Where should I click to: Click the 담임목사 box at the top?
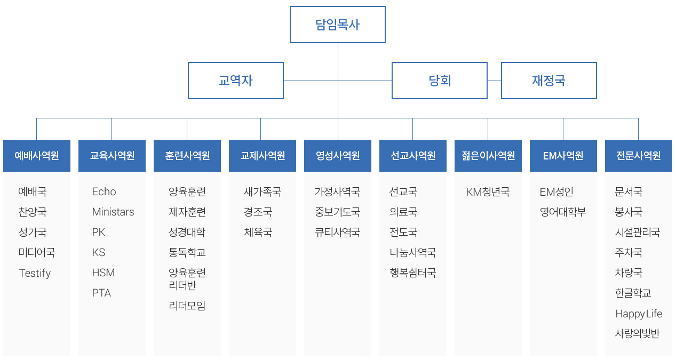pos(337,25)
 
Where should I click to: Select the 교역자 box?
pos(236,81)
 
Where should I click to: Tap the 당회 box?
pos(440,81)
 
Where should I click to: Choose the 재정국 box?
pos(548,81)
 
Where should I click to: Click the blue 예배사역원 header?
pos(37,156)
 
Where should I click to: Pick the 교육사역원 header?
pos(112,156)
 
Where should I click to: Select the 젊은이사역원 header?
pos(488,156)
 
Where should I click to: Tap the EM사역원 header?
pos(563,156)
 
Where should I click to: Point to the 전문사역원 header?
pos(639,156)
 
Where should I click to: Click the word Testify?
pos(35,273)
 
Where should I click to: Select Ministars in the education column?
pos(113,212)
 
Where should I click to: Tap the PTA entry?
pos(101,293)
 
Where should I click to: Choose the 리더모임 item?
pos(187,306)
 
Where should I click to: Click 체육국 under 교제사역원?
pos(258,232)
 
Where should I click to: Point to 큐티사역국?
pos(337,232)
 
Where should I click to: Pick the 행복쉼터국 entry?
pos(412,273)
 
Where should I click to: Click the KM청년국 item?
pos(488,191)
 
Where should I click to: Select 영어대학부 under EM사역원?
pos(563,212)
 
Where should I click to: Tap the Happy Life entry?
pos(639,314)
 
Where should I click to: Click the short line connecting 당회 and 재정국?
pos(494,81)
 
